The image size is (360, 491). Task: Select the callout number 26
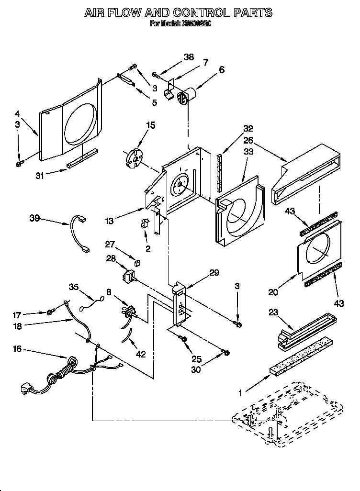point(248,141)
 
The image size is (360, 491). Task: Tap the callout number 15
point(150,126)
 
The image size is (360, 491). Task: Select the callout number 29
point(214,272)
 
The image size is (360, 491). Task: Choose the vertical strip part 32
point(220,171)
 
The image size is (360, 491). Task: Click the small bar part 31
point(82,158)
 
